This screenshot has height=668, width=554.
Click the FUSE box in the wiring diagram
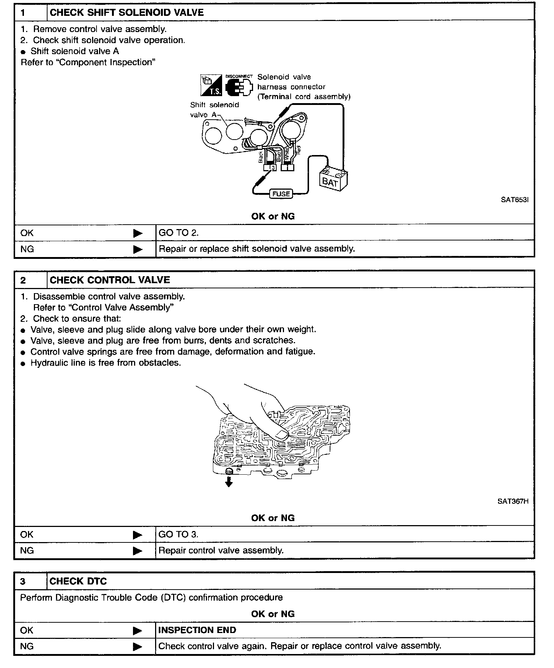(281, 194)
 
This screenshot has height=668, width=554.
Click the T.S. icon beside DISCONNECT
(211, 85)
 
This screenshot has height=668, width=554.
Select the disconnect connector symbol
(239, 87)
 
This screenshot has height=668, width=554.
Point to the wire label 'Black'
(261, 157)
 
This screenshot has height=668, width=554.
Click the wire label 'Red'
(299, 150)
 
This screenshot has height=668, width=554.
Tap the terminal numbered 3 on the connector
(273, 168)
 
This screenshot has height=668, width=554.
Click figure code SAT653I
(515, 200)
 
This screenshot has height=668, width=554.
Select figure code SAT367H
(513, 501)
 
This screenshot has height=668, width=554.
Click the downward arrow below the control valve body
(229, 482)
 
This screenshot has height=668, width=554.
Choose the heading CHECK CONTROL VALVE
(110, 280)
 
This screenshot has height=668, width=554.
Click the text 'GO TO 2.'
(179, 233)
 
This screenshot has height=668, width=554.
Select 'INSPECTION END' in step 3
(197, 630)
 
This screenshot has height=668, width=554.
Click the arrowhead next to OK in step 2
(137, 535)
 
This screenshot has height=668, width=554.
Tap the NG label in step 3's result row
(27, 646)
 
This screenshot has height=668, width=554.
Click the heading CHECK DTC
(78, 581)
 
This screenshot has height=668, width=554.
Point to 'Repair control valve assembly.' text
(221, 551)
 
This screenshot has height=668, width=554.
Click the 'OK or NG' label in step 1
(273, 216)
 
